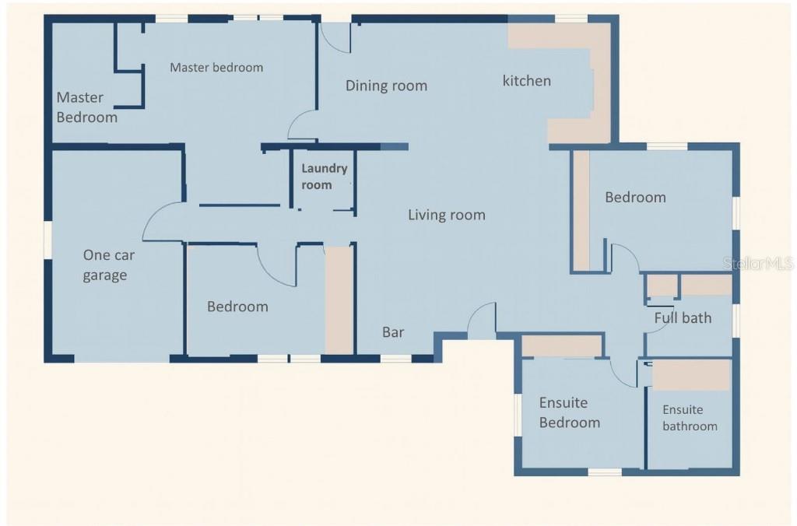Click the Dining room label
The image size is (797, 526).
coord(386,86)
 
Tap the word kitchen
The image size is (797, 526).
coord(527,81)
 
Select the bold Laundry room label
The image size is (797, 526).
coord(324,177)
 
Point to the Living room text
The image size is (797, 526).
coord(447,216)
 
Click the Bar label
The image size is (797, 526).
coord(393,332)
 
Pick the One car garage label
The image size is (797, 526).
coord(105,265)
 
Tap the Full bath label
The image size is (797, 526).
coord(683,317)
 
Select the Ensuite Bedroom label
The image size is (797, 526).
coord(570,412)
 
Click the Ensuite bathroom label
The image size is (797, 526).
coord(690,418)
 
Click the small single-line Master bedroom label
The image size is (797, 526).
coord(216,68)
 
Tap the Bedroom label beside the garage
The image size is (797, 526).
coord(237,307)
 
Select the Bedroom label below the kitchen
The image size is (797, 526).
coord(635,198)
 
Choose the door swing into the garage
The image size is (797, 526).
coord(162,222)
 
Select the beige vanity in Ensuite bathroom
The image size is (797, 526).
coord(690,374)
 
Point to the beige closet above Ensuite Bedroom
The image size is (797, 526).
coord(562,345)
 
